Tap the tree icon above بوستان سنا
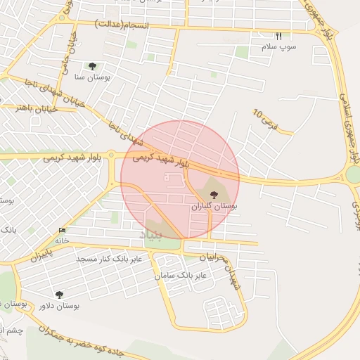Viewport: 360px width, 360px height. tap(92, 65)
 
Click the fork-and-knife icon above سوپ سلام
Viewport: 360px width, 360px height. tap(278, 36)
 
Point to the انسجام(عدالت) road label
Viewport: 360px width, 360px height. tap(120, 25)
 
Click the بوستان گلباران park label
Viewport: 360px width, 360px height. tap(214, 207)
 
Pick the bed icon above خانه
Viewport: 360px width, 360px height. tap(63, 231)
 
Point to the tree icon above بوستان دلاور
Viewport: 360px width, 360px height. tap(59, 295)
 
